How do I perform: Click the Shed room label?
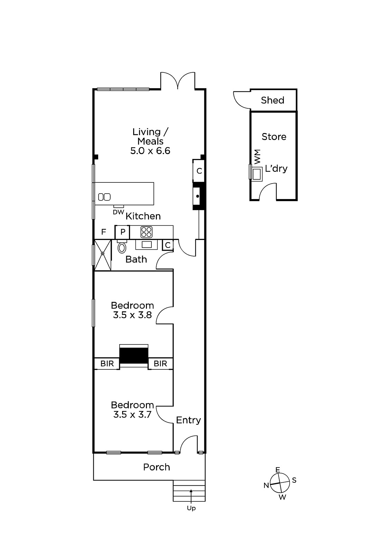[x=272, y=100]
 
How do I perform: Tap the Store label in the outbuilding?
[x=274, y=136]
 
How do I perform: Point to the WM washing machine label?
[x=257, y=157]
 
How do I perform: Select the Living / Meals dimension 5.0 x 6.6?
[x=150, y=151]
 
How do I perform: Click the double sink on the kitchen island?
[x=104, y=197]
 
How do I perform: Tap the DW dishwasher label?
[x=118, y=212]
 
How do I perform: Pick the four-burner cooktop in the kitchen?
[x=146, y=232]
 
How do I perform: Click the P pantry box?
[x=122, y=232]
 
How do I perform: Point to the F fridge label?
[x=104, y=232]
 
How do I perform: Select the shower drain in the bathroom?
[x=103, y=253]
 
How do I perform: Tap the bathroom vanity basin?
[x=147, y=244]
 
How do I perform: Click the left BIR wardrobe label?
[x=107, y=364]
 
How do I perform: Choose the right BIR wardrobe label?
[x=160, y=364]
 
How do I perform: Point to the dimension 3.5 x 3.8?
[x=132, y=315]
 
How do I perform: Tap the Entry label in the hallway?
[x=188, y=420]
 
